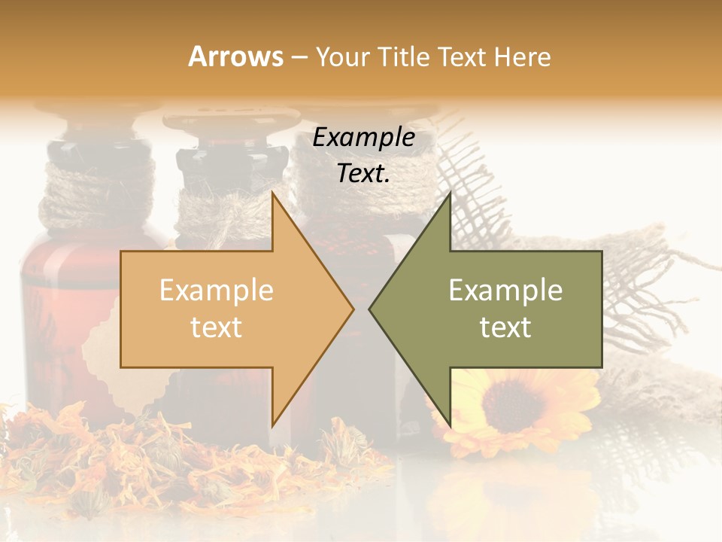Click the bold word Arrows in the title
pyautogui.click(x=235, y=56)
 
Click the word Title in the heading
pyautogui.click(x=403, y=56)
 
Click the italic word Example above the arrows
pyautogui.click(x=363, y=138)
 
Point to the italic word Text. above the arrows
pyautogui.click(x=363, y=174)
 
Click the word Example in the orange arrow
pyautogui.click(x=216, y=290)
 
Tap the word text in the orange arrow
pyautogui.click(x=216, y=327)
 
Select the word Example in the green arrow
pyautogui.click(x=505, y=290)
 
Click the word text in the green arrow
pyautogui.click(x=505, y=327)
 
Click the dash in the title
pyautogui.click(x=299, y=57)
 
